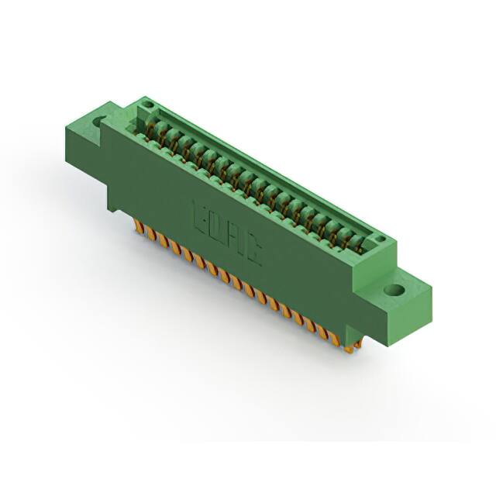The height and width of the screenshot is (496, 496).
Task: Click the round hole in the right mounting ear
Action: pos(394,291)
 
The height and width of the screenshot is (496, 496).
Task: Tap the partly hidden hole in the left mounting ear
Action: pos(99,122)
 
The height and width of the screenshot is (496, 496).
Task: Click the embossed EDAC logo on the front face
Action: pos(226,232)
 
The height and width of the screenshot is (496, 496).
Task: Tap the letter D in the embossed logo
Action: pos(215,226)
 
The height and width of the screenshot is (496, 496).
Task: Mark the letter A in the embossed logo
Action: pos(234,239)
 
